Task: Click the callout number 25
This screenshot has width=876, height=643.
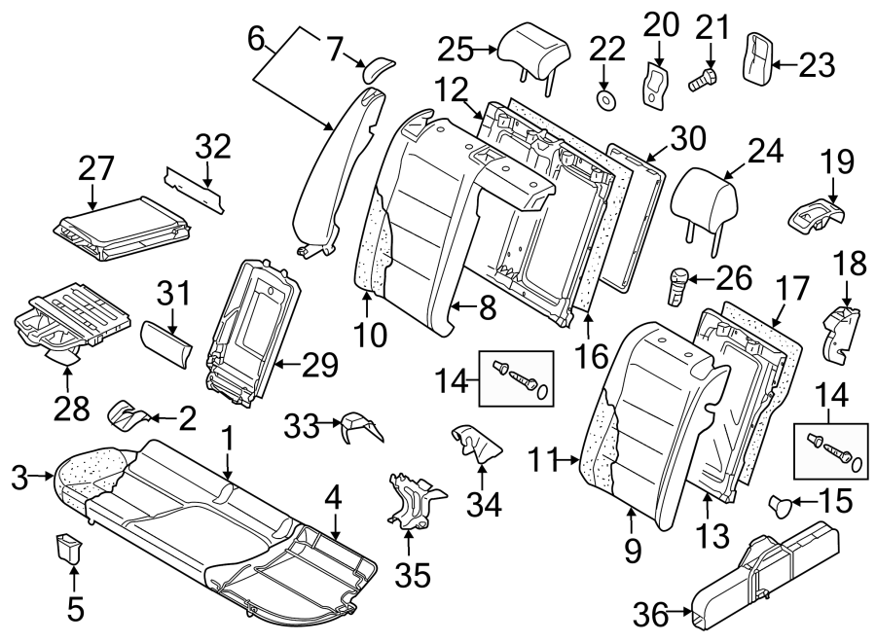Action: click(x=456, y=48)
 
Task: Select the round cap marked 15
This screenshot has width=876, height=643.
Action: click(x=782, y=503)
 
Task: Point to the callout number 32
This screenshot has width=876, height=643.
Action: click(x=213, y=147)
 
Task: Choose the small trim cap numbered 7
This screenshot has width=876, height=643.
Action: click(x=378, y=67)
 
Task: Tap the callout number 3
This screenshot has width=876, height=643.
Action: click(x=17, y=476)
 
